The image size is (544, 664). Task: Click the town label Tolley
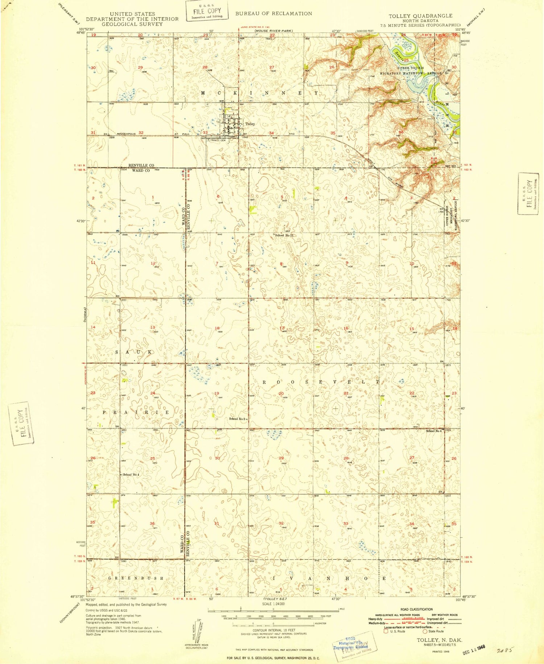pos(250,124)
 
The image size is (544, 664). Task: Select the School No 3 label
pos(238,419)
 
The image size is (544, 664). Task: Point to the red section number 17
pos(282,328)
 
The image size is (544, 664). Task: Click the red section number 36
pos(152,523)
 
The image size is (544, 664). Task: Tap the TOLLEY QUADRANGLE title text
pos(420,16)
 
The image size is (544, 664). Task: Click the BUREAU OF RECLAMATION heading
pos(273,13)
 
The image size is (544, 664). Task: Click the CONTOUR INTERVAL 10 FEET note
pos(273,630)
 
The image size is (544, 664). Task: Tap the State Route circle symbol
pos(425,631)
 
